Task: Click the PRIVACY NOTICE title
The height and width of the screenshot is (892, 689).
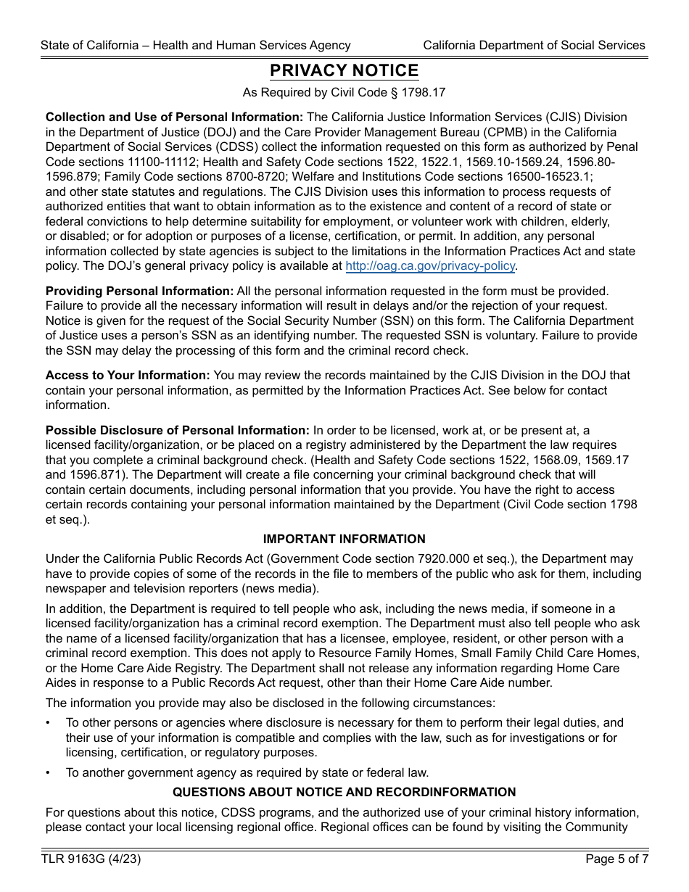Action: pyautogui.click(x=344, y=71)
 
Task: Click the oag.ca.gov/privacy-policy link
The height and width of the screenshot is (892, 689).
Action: pyautogui.click(x=430, y=266)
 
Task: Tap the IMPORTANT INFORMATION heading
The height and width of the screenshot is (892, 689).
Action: pyautogui.click(x=344, y=539)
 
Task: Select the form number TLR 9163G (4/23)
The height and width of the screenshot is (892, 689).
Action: pyautogui.click(x=91, y=859)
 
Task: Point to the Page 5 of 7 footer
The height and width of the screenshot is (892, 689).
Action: pyautogui.click(x=616, y=859)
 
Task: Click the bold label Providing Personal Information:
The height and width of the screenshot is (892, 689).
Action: pyautogui.click(x=139, y=291)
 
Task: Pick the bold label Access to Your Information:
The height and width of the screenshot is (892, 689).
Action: pyautogui.click(x=128, y=375)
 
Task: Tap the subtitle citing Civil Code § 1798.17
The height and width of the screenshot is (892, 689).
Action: pyautogui.click(x=344, y=92)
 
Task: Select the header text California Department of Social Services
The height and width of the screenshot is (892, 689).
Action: pyautogui.click(x=534, y=45)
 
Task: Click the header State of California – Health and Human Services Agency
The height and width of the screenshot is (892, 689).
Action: pyautogui.click(x=196, y=45)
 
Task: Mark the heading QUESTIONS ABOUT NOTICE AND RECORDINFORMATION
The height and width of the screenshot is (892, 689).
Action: pyautogui.click(x=344, y=792)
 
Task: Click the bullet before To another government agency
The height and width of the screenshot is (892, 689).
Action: pyautogui.click(x=48, y=772)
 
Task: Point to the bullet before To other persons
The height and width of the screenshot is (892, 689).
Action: pyautogui.click(x=48, y=723)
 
